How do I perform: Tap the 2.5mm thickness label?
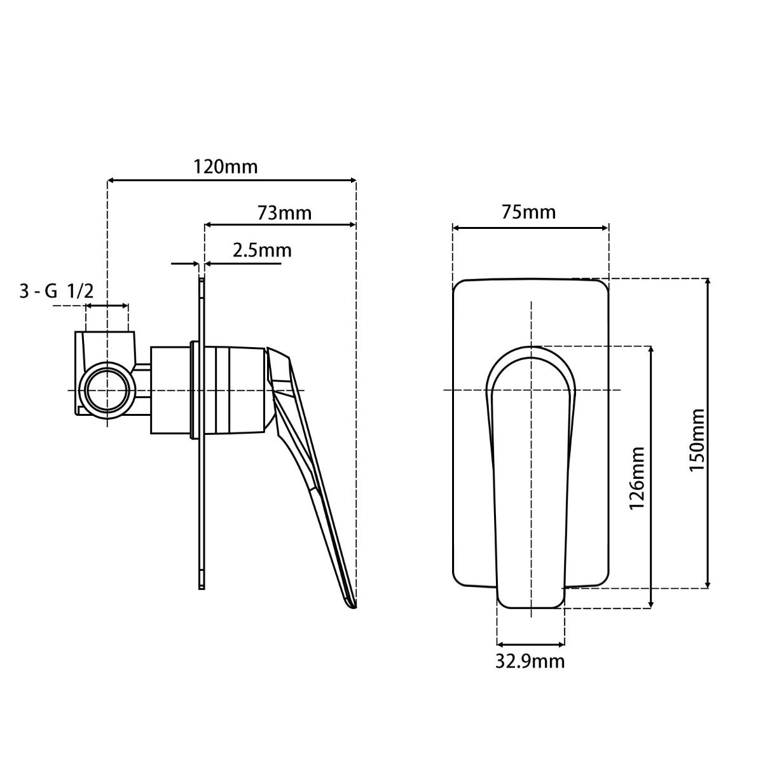pos(262,250)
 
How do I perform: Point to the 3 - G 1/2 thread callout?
pos(57,291)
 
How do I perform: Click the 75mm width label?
pos(528,211)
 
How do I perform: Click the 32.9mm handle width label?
pos(530,661)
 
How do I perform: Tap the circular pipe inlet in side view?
pos(107,390)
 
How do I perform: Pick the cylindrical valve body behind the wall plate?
pos(170,390)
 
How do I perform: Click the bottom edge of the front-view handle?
pos(530,608)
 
